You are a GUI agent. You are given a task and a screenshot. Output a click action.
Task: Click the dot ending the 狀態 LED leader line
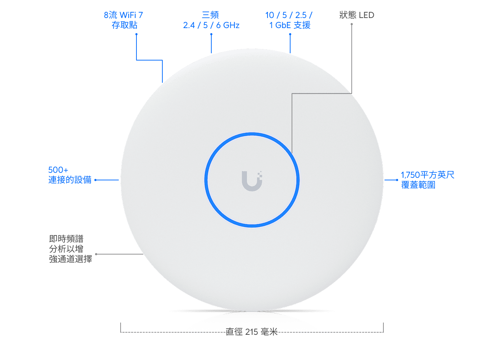[x=352, y=24]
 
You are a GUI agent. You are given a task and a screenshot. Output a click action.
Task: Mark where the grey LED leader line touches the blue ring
[x=292, y=153]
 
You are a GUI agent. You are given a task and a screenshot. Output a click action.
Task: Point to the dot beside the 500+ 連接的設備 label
[x=95, y=180]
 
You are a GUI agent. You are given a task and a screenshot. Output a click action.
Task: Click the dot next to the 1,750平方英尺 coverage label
[x=397, y=180]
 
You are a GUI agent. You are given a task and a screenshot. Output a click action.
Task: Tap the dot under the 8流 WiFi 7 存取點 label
[x=136, y=34]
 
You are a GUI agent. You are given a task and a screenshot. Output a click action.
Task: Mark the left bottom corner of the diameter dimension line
[x=121, y=332]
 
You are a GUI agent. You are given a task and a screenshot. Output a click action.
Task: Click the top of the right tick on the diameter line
[x=383, y=323]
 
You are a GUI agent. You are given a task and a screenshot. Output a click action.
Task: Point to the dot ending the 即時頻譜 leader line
[x=96, y=254]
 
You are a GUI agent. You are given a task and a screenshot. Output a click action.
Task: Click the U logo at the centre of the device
[x=252, y=181]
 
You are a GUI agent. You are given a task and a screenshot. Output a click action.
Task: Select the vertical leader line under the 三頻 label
[x=211, y=44]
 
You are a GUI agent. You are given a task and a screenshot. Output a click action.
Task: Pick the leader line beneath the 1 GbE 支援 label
[x=290, y=44]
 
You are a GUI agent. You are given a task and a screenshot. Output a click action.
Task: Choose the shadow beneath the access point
[x=252, y=312]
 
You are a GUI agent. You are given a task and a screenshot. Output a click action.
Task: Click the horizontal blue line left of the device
[x=107, y=180]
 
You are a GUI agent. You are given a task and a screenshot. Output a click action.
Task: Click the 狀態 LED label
[x=357, y=15]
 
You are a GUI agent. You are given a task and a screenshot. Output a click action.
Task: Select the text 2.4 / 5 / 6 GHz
[x=211, y=25]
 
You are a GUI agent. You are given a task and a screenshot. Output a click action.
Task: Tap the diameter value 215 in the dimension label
[x=252, y=332]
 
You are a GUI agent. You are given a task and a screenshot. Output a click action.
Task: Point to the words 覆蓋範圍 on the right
[x=418, y=185]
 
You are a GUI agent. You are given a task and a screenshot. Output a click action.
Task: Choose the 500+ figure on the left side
[x=58, y=170]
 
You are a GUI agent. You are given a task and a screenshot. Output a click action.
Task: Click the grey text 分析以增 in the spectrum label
[x=66, y=249]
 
